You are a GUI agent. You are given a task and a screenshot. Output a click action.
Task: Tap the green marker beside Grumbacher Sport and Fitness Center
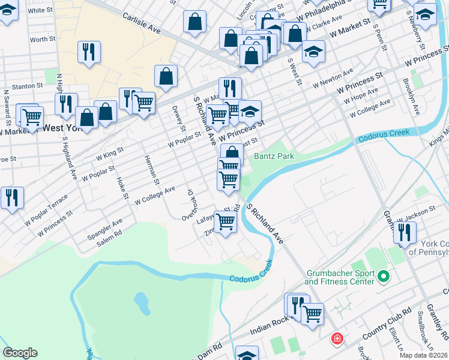pyautogui.click(x=384, y=277)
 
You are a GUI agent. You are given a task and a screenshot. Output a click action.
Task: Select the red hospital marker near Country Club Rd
pyautogui.click(x=338, y=338)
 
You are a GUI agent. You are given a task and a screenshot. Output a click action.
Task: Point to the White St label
pyautogui.click(x=40, y=10)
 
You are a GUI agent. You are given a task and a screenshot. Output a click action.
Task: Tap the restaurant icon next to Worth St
pyautogui.click(x=89, y=52)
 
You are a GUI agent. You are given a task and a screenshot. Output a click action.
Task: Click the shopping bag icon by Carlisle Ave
pyautogui.click(x=196, y=23)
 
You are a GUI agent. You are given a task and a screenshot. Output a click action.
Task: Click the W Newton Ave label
pyautogui.click(x=333, y=78)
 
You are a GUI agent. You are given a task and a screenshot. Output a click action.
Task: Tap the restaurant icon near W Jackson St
pyautogui.click(x=405, y=232)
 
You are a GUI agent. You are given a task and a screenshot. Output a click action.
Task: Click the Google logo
pyautogui.click(x=20, y=353)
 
